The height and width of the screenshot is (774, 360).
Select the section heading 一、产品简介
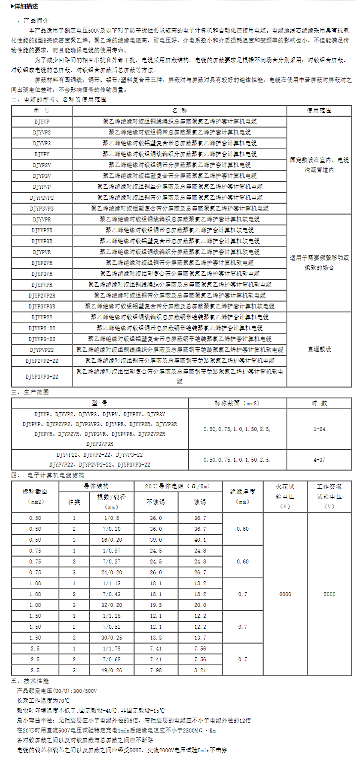(31, 21)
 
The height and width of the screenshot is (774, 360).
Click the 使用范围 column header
(319, 110)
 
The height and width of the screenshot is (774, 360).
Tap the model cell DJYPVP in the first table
(42, 186)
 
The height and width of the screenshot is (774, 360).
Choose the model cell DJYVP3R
(42, 241)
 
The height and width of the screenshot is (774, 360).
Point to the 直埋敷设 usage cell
(319, 349)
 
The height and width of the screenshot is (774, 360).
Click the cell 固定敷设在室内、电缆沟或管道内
(319, 165)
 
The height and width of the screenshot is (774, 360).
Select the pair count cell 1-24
(319, 429)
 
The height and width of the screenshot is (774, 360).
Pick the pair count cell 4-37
(319, 459)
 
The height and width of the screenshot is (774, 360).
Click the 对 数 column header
(319, 403)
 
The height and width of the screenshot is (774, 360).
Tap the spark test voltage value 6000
(285, 594)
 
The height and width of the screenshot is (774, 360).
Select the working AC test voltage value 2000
(329, 594)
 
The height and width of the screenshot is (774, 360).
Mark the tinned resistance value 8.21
(200, 670)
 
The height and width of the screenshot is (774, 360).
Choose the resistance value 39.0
(156, 540)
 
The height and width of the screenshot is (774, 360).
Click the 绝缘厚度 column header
(242, 496)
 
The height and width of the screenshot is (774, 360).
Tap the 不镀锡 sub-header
(156, 502)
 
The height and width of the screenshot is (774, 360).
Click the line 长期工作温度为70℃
(44, 700)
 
